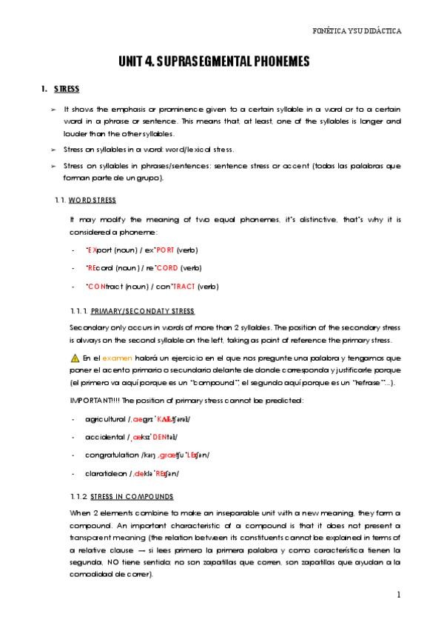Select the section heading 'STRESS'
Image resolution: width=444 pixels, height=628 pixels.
[x=67, y=90]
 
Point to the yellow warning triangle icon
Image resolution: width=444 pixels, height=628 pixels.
[x=75, y=358]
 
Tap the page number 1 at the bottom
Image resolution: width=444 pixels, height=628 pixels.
[x=398, y=594]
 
